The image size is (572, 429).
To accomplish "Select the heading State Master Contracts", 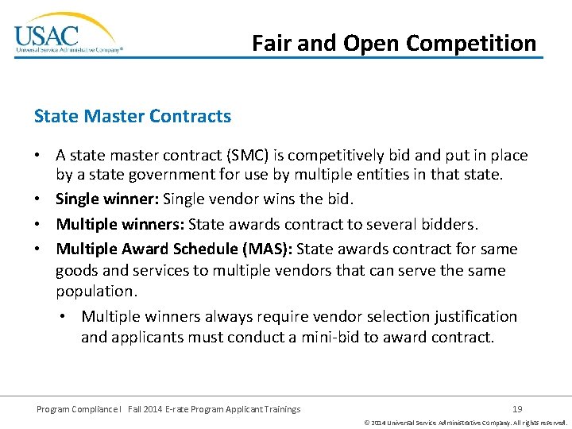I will click(x=133, y=116).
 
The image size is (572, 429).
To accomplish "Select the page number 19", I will click(x=517, y=409).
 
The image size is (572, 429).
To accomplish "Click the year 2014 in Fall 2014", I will click(x=155, y=409).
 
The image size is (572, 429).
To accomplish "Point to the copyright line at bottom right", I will click(x=465, y=423).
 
